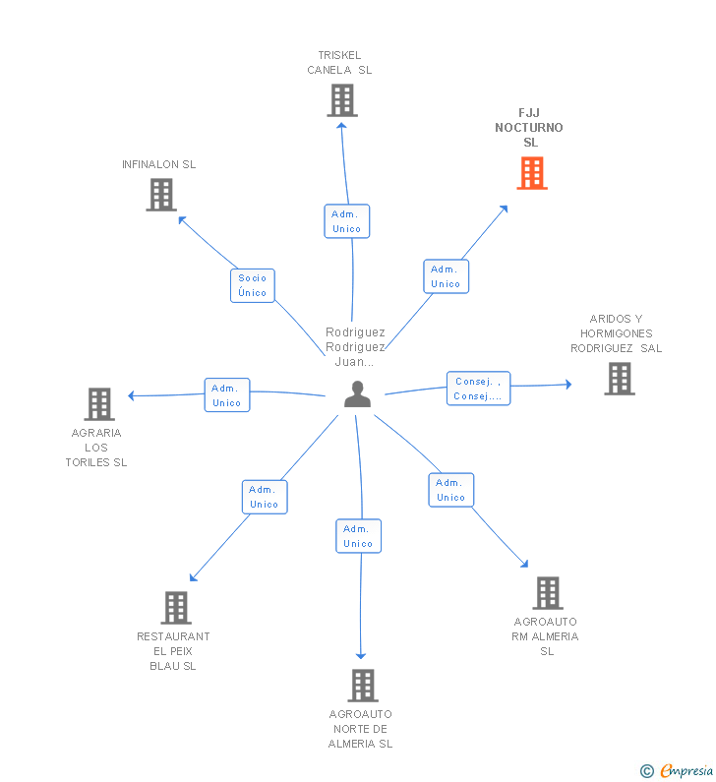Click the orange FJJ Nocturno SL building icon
[x=532, y=173]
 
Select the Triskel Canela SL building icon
[x=341, y=100]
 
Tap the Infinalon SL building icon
[x=161, y=195]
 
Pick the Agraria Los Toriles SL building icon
[x=98, y=403]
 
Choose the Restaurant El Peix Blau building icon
[x=175, y=608]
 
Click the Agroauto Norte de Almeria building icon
[x=362, y=686]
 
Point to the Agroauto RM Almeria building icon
[x=547, y=593]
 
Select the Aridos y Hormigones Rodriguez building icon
[x=619, y=379]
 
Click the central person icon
[x=357, y=394]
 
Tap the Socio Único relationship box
[x=253, y=285]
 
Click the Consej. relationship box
[x=478, y=389]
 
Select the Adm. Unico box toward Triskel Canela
[x=346, y=221]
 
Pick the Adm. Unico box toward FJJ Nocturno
[x=446, y=276]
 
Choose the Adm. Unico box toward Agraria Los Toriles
[x=227, y=395]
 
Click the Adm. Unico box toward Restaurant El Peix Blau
[x=264, y=497]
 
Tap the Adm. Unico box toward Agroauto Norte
[x=358, y=536]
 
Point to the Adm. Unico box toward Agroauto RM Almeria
[x=450, y=490]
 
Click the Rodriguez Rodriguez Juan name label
[x=355, y=347]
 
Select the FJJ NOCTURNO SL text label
[x=529, y=128]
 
